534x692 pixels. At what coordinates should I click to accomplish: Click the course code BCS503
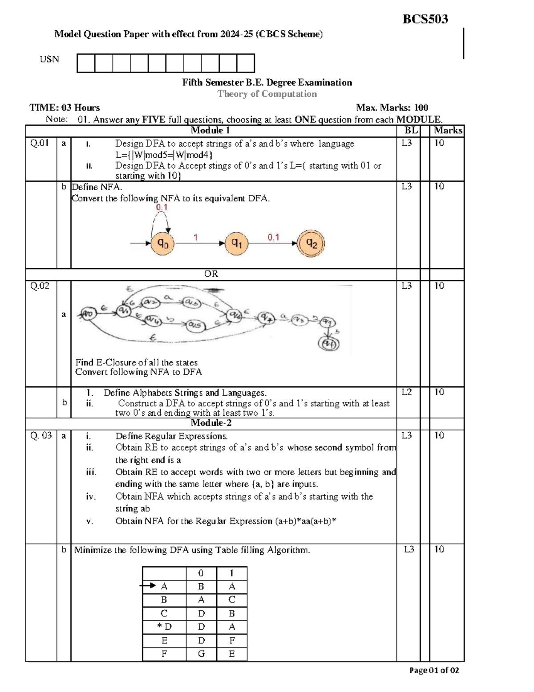pos(425,19)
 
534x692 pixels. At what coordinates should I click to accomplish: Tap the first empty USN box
pos(86,63)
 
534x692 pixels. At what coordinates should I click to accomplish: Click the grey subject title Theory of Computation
pos(267,94)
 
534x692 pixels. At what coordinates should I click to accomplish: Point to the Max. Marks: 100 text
pos(392,107)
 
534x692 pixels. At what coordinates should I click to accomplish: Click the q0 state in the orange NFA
pos(162,244)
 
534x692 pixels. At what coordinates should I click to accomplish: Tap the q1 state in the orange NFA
pos(236,243)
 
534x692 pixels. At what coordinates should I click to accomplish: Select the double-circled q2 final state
pos(311,243)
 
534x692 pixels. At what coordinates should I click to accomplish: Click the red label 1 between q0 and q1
pos(195,237)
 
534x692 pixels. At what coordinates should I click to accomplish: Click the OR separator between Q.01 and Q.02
pos(211,274)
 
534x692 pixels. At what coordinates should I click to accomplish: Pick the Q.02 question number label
pos(40,286)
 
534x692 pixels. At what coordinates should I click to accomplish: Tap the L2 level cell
pos(407,392)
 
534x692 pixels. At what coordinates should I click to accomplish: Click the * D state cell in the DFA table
pos(164,627)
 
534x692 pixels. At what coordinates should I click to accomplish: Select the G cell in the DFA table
pos(201,654)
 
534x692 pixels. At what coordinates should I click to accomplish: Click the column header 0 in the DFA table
pos(201,573)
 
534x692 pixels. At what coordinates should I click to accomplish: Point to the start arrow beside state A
pos(148,586)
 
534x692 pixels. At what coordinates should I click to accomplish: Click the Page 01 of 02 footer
pos(434,670)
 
